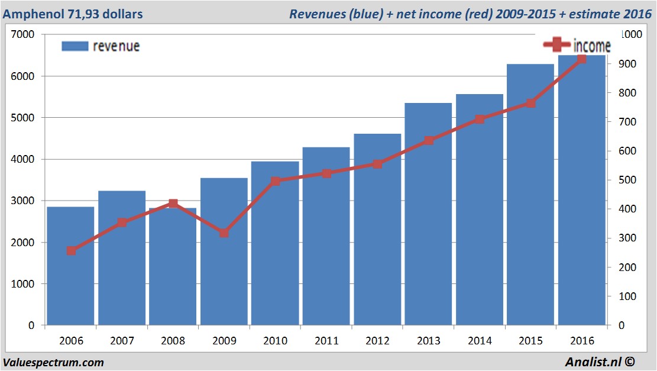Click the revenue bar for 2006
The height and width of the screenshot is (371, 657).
click(x=70, y=266)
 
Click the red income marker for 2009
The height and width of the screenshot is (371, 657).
click(x=224, y=233)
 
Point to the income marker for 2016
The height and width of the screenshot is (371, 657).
click(x=581, y=59)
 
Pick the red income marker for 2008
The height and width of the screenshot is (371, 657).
click(x=173, y=204)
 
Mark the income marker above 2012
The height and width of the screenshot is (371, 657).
click(x=377, y=164)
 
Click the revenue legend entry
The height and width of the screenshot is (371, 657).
click(x=101, y=46)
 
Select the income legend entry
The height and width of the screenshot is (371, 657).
click(x=577, y=45)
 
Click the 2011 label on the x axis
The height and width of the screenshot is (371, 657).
click(x=326, y=341)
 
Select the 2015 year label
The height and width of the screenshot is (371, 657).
click(x=530, y=341)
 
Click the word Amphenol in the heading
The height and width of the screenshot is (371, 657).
click(x=30, y=14)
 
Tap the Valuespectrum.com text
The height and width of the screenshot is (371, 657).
click(x=54, y=362)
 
